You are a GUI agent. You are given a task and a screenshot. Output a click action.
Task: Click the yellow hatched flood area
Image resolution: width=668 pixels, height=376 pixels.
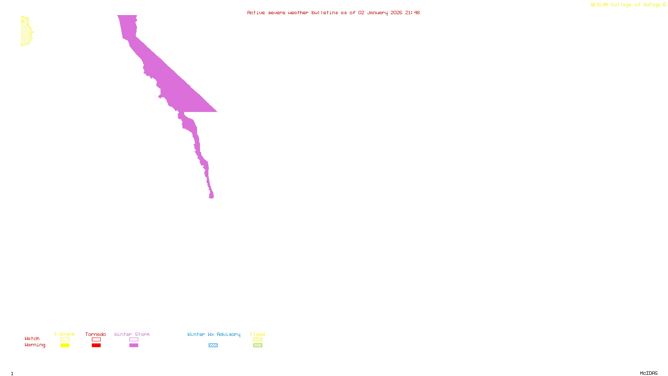[x=26, y=32]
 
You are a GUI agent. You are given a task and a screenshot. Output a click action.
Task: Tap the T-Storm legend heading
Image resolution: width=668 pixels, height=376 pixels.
[x=64, y=334]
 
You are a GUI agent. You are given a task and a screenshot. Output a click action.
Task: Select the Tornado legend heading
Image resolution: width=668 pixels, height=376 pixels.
[x=96, y=334]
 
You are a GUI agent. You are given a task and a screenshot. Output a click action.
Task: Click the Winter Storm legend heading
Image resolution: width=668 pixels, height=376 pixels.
[x=132, y=334]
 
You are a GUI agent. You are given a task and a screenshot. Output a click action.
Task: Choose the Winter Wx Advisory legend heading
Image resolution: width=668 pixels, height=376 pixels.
[x=214, y=334]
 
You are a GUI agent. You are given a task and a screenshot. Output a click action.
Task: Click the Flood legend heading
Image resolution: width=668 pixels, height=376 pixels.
[x=258, y=334]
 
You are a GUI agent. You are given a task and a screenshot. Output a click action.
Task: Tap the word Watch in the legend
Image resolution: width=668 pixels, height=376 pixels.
[x=32, y=338]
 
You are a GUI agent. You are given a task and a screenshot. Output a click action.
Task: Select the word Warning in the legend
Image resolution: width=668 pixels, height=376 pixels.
[x=35, y=345]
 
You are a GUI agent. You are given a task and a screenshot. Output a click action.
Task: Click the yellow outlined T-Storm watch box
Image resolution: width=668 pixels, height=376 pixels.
[x=65, y=340]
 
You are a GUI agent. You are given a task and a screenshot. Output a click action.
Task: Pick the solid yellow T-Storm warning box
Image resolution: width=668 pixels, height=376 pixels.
[x=65, y=346]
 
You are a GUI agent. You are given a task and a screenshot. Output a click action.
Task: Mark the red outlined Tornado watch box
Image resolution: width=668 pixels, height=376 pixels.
[x=96, y=340]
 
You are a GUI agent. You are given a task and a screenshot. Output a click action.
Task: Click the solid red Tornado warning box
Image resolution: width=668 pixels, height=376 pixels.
[x=96, y=346]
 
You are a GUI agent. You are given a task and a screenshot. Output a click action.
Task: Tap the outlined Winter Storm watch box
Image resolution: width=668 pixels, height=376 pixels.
[x=134, y=340]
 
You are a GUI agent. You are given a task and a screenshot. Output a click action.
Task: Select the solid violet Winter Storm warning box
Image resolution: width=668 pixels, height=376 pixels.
[x=134, y=346]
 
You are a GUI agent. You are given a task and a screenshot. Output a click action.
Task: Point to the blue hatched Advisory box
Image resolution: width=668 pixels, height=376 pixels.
[x=213, y=346]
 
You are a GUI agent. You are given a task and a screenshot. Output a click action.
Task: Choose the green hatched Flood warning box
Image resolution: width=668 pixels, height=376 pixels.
[x=258, y=346]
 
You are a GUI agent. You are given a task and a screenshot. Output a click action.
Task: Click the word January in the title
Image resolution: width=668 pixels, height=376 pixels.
[x=377, y=13]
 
